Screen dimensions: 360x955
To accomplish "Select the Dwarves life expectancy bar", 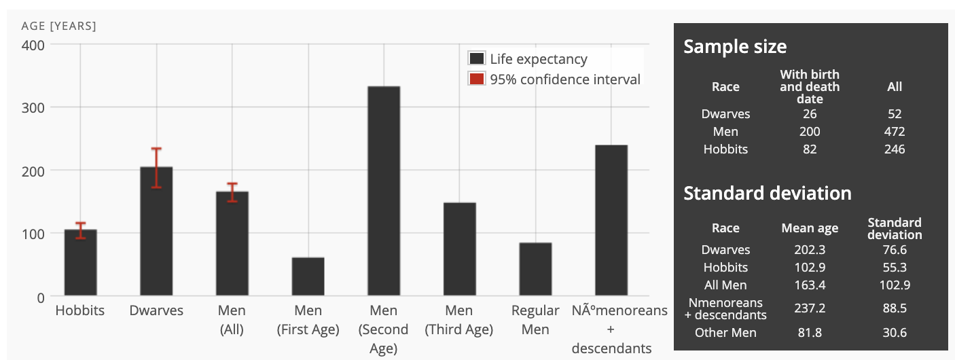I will pos(156,231).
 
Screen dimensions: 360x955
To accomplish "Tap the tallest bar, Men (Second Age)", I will pos(384,191).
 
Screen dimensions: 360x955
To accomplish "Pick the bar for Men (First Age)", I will pos(308,276).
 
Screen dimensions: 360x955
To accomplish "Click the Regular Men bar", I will pos(535,269).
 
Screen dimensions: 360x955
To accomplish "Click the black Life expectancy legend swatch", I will pos(477,59).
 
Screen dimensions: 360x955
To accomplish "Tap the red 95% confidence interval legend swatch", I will pos(477,79).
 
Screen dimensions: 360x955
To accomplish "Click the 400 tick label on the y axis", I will pos(32,45).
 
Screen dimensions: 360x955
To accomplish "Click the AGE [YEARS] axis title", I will pos(59,26).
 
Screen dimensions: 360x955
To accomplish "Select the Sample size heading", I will pos(735,46).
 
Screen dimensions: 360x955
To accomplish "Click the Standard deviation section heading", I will pos(767,193).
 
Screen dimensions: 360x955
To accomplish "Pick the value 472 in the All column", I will pos(895,132).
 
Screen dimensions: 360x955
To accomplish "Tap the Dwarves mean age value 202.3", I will pos(810,250).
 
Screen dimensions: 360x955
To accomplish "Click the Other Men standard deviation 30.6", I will pos(895,333).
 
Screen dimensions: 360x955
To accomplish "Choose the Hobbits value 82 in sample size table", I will pos(810,149).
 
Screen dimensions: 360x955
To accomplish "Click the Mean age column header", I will pos(810,228).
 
